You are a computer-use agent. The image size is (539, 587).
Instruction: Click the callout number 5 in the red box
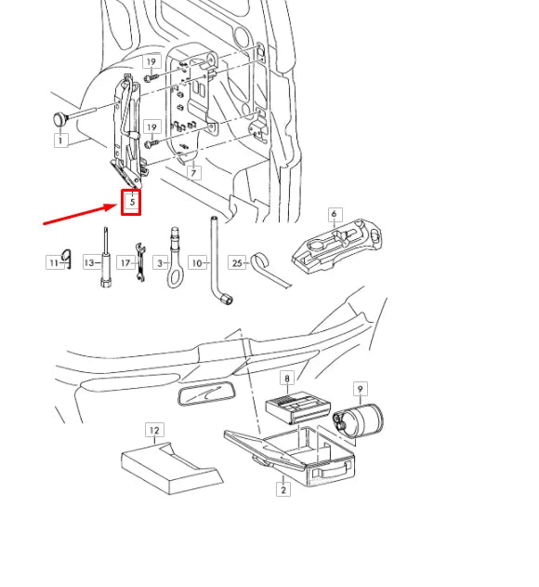click(131, 202)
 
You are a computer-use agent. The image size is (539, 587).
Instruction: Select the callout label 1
click(60, 141)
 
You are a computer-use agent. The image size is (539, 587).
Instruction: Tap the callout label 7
click(193, 173)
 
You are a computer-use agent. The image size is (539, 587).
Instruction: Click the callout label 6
click(334, 214)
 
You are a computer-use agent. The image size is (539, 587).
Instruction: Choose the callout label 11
click(53, 263)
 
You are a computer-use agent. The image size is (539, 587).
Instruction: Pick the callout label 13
click(90, 263)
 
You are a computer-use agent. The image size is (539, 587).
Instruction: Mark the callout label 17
click(124, 263)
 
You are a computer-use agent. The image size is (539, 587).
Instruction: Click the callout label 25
click(237, 263)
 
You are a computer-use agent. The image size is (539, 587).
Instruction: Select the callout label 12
click(154, 430)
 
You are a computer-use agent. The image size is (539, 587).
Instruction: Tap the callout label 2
click(283, 489)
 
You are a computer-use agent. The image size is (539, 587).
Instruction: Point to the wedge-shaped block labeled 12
click(172, 464)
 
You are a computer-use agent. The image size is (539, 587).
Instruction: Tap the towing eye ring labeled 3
click(174, 260)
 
